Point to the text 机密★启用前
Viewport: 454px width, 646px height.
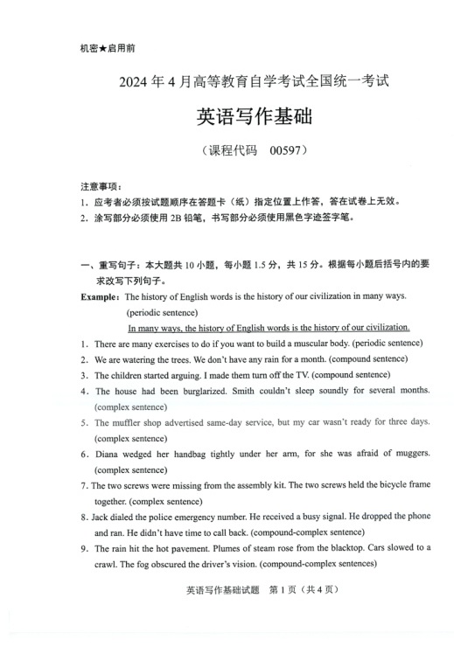pyautogui.click(x=101, y=49)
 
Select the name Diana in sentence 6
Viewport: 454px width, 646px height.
pyautogui.click(x=107, y=454)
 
